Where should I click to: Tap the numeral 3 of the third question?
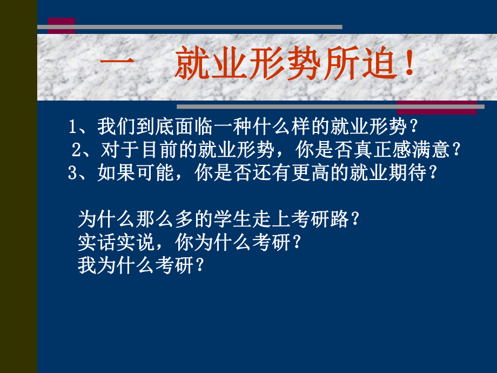[x=73, y=173]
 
